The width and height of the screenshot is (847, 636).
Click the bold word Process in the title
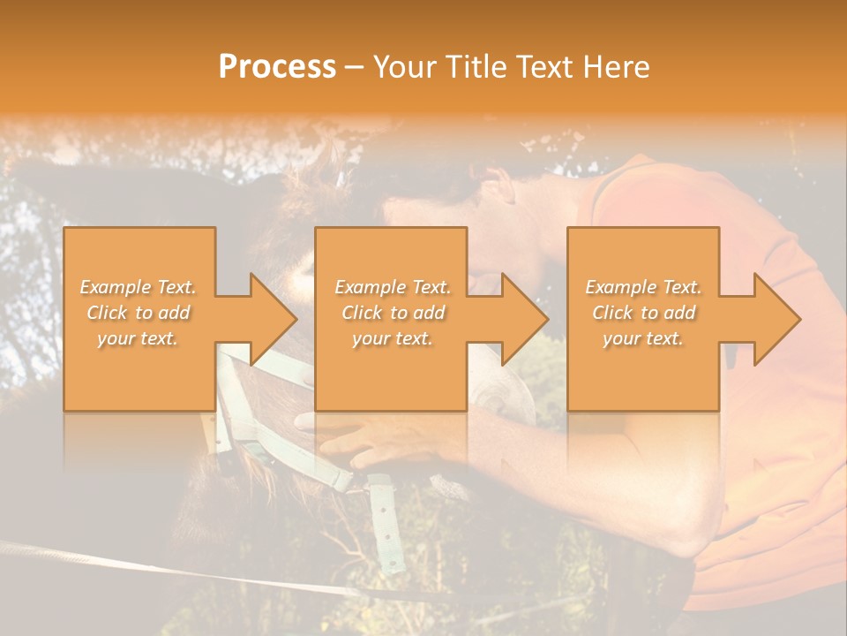(x=277, y=67)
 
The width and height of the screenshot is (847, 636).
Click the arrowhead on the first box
(x=274, y=319)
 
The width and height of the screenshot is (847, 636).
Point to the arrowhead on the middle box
(x=526, y=319)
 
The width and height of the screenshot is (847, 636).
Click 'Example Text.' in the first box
(x=139, y=287)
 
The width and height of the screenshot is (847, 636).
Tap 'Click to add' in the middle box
(x=393, y=313)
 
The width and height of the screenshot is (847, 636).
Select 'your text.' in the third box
(x=643, y=338)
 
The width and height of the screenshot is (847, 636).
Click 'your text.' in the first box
(x=139, y=338)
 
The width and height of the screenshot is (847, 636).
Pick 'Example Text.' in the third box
(x=643, y=287)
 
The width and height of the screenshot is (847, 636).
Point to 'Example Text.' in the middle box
(x=393, y=287)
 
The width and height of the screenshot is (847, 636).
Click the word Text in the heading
(x=543, y=67)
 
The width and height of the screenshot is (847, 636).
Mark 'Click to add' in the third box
(x=643, y=313)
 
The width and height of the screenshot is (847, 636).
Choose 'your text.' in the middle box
(x=393, y=338)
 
